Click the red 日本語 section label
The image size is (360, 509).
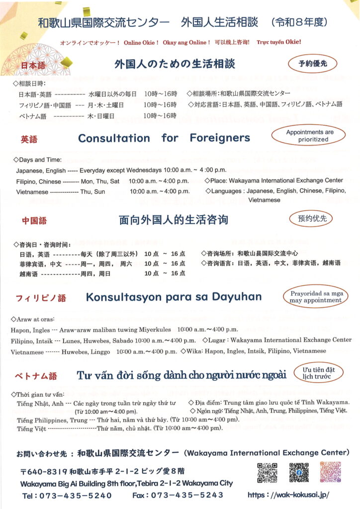[32, 66]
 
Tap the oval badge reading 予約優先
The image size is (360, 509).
[312, 64]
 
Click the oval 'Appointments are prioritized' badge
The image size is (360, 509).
[309, 136]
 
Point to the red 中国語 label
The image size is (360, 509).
[34, 221]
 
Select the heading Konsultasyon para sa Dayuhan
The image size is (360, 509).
[174, 297]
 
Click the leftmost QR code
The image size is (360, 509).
[267, 473]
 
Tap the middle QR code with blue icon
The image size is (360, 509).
[299, 473]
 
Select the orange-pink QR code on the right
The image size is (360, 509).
[330, 473]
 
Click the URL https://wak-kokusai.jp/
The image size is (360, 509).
[288, 496]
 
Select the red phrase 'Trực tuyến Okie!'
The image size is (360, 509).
[279, 42]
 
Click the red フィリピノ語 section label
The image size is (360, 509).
[41, 298]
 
